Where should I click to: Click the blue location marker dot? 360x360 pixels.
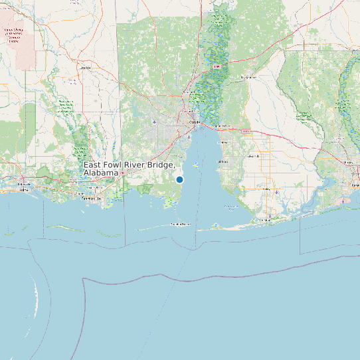click(x=179, y=179)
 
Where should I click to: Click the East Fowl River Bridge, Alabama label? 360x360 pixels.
click(x=130, y=169)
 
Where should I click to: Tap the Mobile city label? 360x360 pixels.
click(x=194, y=123)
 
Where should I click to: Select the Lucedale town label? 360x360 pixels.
click(x=84, y=68)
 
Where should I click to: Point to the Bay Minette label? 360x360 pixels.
click(x=248, y=77)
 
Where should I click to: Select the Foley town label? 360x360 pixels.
click(x=275, y=191)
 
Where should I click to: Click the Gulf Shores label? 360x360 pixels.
click(x=266, y=219)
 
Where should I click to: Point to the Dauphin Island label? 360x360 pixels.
click(x=180, y=225)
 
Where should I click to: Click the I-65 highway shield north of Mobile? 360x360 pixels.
click(x=217, y=67)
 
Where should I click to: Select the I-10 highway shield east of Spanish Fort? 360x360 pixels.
click(x=247, y=132)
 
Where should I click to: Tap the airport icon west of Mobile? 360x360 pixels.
click(x=155, y=122)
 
